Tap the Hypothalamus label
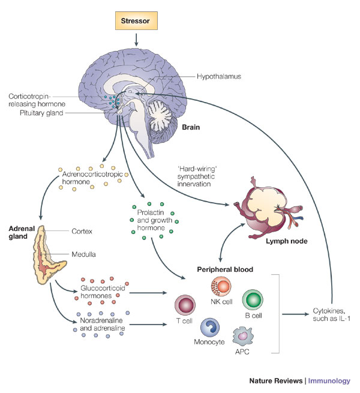coord(218,76)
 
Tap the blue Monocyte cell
coord(212,327)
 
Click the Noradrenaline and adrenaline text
coord(103,328)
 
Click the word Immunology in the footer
coord(334,380)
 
